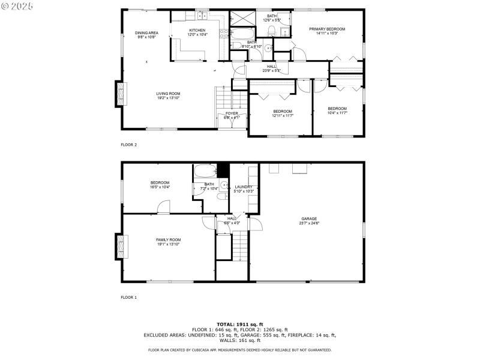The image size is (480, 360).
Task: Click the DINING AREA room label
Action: (x=146, y=32)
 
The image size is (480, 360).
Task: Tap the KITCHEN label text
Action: (x=197, y=30)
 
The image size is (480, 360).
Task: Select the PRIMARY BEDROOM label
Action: (x=327, y=29)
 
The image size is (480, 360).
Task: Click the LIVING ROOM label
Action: (x=168, y=94)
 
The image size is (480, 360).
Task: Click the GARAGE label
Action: (x=309, y=218)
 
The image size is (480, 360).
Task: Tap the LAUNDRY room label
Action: (x=243, y=187)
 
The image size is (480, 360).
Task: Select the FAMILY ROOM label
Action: (x=168, y=239)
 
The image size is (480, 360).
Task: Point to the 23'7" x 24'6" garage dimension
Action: (x=309, y=223)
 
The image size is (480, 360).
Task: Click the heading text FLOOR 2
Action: (x=129, y=145)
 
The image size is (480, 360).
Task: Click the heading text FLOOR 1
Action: (x=129, y=297)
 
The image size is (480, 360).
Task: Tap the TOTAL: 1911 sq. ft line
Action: (x=239, y=324)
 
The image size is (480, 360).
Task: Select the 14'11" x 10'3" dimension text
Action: (x=327, y=34)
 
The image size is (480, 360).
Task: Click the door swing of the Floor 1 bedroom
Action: (x=163, y=208)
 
